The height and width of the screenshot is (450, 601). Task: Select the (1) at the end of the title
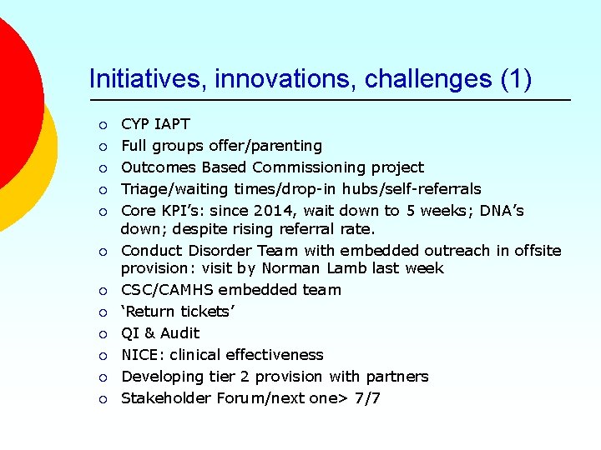click(x=516, y=79)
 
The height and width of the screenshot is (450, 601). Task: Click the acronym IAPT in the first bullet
click(x=173, y=124)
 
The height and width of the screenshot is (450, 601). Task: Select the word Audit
click(x=180, y=333)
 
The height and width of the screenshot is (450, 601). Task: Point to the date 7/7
click(x=367, y=398)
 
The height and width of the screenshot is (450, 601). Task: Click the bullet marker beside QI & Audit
click(x=102, y=334)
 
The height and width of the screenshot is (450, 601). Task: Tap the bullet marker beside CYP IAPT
click(x=102, y=125)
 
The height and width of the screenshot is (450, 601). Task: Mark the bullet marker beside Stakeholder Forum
click(x=102, y=399)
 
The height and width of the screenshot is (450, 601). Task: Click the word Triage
click(x=143, y=189)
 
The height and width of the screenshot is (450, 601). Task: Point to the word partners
click(x=398, y=377)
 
